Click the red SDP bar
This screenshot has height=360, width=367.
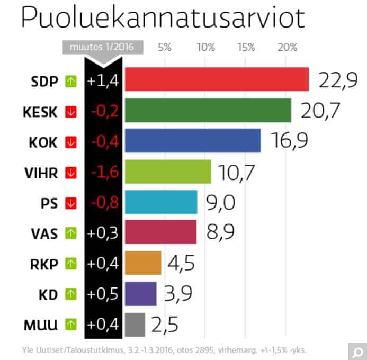216,80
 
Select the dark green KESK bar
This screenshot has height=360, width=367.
208,111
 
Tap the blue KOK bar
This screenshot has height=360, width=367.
192,141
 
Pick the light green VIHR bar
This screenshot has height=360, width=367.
167,172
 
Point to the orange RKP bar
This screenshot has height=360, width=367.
142,263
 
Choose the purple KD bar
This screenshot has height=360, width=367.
140,294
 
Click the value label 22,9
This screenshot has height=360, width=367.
338,80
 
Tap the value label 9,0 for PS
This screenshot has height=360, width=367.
221,202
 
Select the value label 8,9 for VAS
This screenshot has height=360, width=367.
220,233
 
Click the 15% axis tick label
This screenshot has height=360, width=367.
246,47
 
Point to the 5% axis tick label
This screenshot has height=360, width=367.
165,47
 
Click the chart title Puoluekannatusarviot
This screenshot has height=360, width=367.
163,19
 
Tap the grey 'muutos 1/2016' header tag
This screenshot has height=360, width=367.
103,47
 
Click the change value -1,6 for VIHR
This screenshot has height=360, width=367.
104,172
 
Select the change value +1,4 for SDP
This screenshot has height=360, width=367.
104,81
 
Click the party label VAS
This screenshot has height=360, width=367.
44,233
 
